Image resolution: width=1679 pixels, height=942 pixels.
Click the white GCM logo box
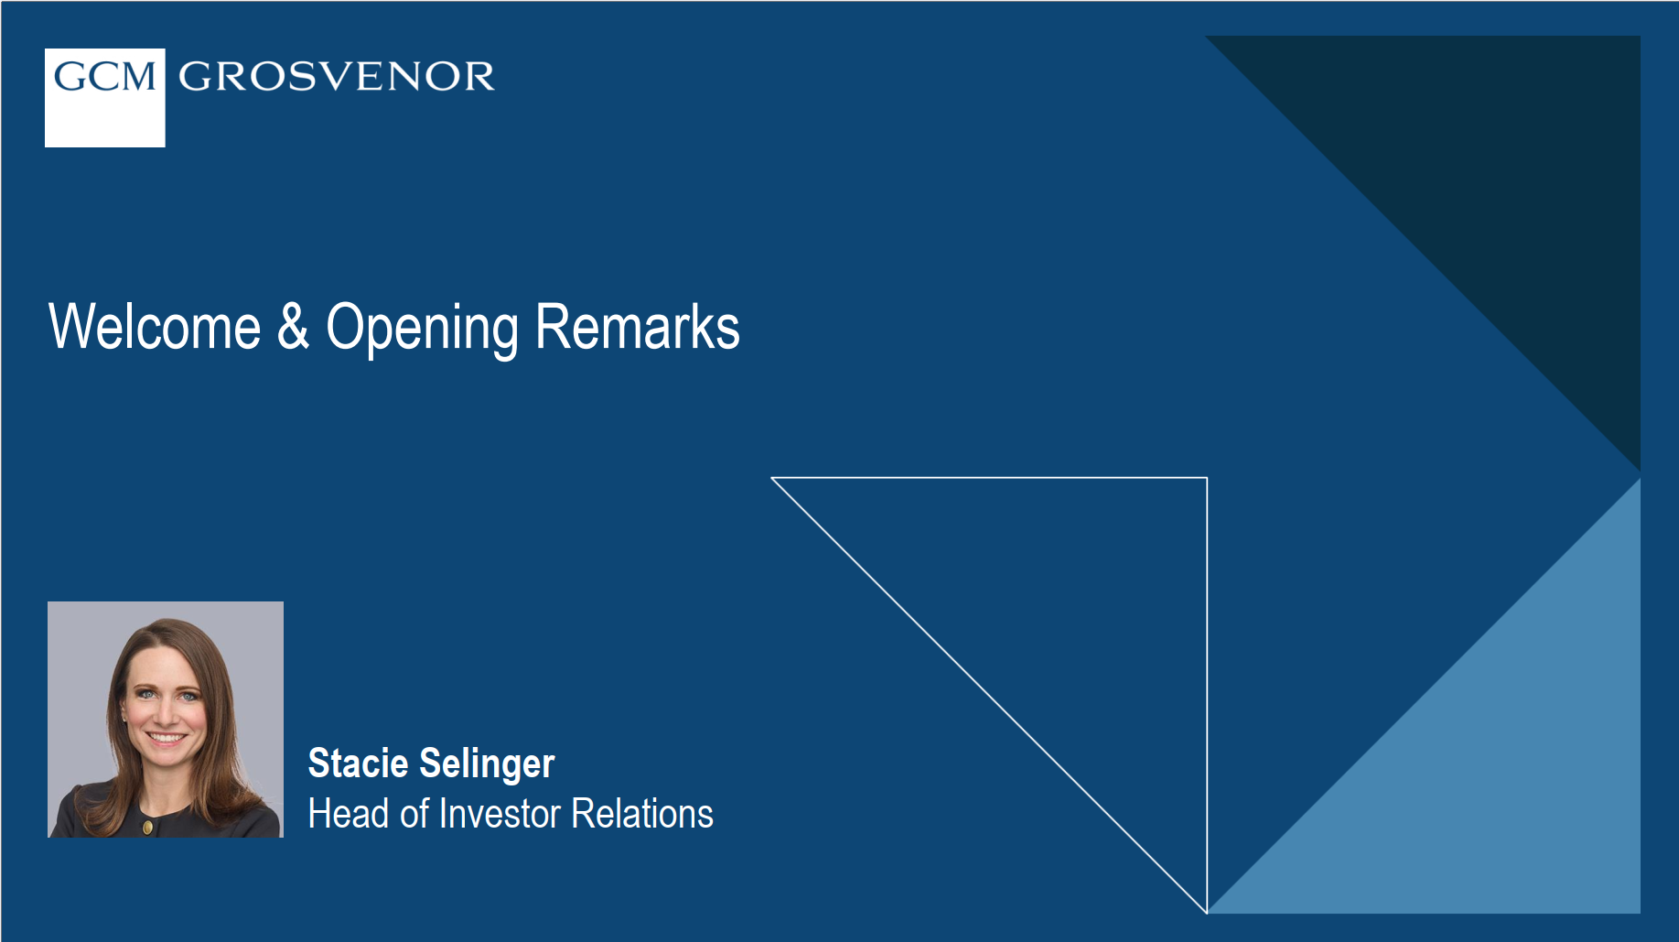pos(104,98)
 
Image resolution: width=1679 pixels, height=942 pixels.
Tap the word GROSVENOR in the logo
pos(337,77)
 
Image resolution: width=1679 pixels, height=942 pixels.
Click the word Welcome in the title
pos(155,328)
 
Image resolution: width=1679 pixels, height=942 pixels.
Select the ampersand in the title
pos(293,327)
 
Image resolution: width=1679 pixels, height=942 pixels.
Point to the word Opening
pos(422,329)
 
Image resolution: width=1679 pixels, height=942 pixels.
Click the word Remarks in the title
pos(637,328)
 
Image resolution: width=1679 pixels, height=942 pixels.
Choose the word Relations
pos(641,813)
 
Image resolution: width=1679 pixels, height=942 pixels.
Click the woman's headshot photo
pos(166,719)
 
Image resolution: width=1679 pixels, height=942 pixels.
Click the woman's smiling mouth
pos(167,737)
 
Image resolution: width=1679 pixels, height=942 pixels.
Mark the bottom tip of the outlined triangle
pos(1206,911)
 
